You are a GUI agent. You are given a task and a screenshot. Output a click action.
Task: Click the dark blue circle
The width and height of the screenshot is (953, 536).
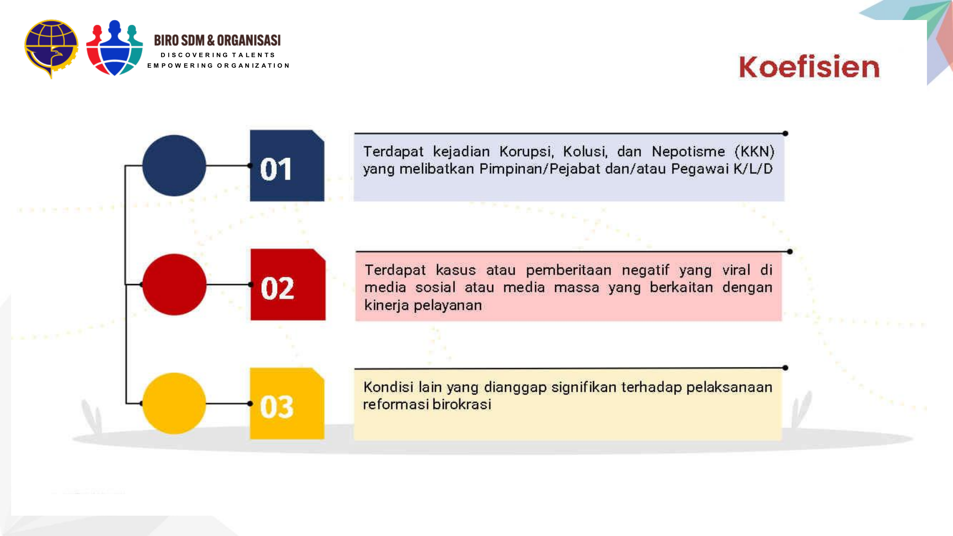tap(174, 165)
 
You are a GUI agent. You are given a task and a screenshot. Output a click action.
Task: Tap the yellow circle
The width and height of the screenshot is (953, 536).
tap(174, 403)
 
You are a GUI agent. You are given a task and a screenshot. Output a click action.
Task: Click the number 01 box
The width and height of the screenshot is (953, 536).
tap(287, 166)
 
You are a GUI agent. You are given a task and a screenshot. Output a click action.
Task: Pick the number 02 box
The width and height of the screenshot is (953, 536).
tap(287, 285)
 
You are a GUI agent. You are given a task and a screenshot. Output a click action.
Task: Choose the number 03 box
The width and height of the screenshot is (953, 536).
tap(287, 404)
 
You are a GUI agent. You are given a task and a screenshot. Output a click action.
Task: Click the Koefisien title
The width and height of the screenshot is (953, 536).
tap(809, 67)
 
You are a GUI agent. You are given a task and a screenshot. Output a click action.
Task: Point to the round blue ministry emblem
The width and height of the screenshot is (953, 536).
tap(51, 48)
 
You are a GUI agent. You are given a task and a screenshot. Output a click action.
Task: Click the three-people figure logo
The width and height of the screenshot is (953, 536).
tap(114, 48)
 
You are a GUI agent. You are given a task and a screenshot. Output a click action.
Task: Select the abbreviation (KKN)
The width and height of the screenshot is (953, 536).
tap(754, 152)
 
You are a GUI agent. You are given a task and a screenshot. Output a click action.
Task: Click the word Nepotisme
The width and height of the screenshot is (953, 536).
tap(688, 152)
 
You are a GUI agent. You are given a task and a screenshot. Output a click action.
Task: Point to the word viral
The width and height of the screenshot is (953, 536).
tap(736, 270)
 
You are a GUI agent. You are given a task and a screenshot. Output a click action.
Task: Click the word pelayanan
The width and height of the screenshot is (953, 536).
tap(448, 306)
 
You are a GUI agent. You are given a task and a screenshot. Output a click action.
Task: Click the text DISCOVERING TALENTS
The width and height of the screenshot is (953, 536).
tap(218, 55)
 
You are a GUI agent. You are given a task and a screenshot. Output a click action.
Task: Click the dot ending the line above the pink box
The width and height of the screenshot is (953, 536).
tap(789, 252)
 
